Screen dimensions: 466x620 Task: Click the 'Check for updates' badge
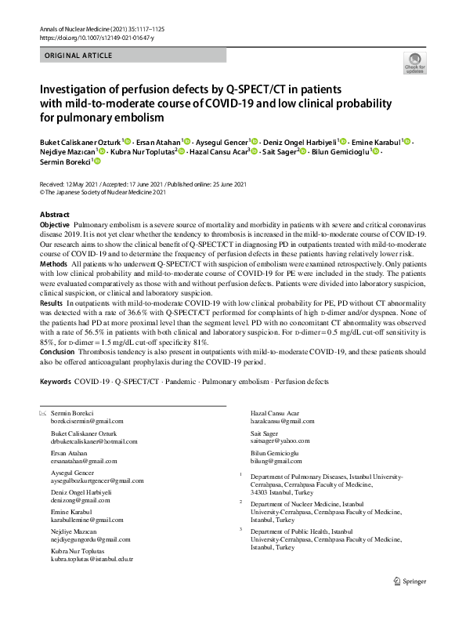pos(414,62)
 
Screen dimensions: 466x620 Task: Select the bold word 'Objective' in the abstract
pos(55,225)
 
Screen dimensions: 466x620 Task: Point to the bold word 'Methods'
pos(53,265)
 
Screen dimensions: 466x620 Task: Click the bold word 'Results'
pos(52,324)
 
